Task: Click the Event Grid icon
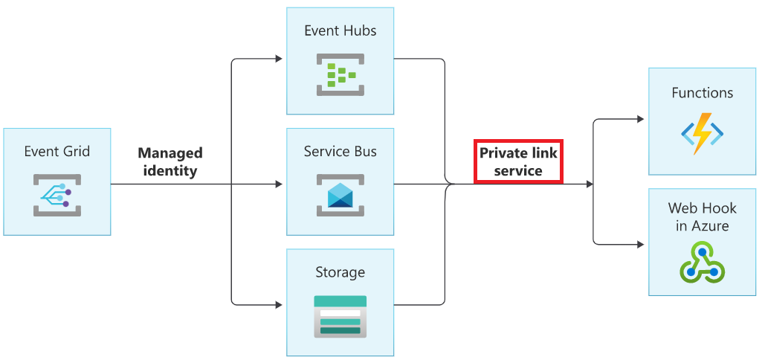click(x=57, y=194)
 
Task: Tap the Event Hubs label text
click(x=340, y=30)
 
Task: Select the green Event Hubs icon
click(x=340, y=75)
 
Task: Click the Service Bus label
click(x=340, y=151)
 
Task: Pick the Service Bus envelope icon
click(x=340, y=195)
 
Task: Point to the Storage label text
click(x=340, y=272)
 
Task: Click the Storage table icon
click(x=340, y=316)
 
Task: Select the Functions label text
click(x=702, y=93)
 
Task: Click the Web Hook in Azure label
click(x=702, y=216)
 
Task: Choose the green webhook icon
click(x=702, y=262)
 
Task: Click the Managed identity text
click(x=170, y=161)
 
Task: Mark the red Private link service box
click(x=518, y=161)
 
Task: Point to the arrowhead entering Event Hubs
click(x=280, y=59)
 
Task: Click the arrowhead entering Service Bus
click(x=280, y=184)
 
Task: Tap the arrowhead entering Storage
click(x=280, y=304)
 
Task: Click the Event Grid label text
click(x=57, y=151)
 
